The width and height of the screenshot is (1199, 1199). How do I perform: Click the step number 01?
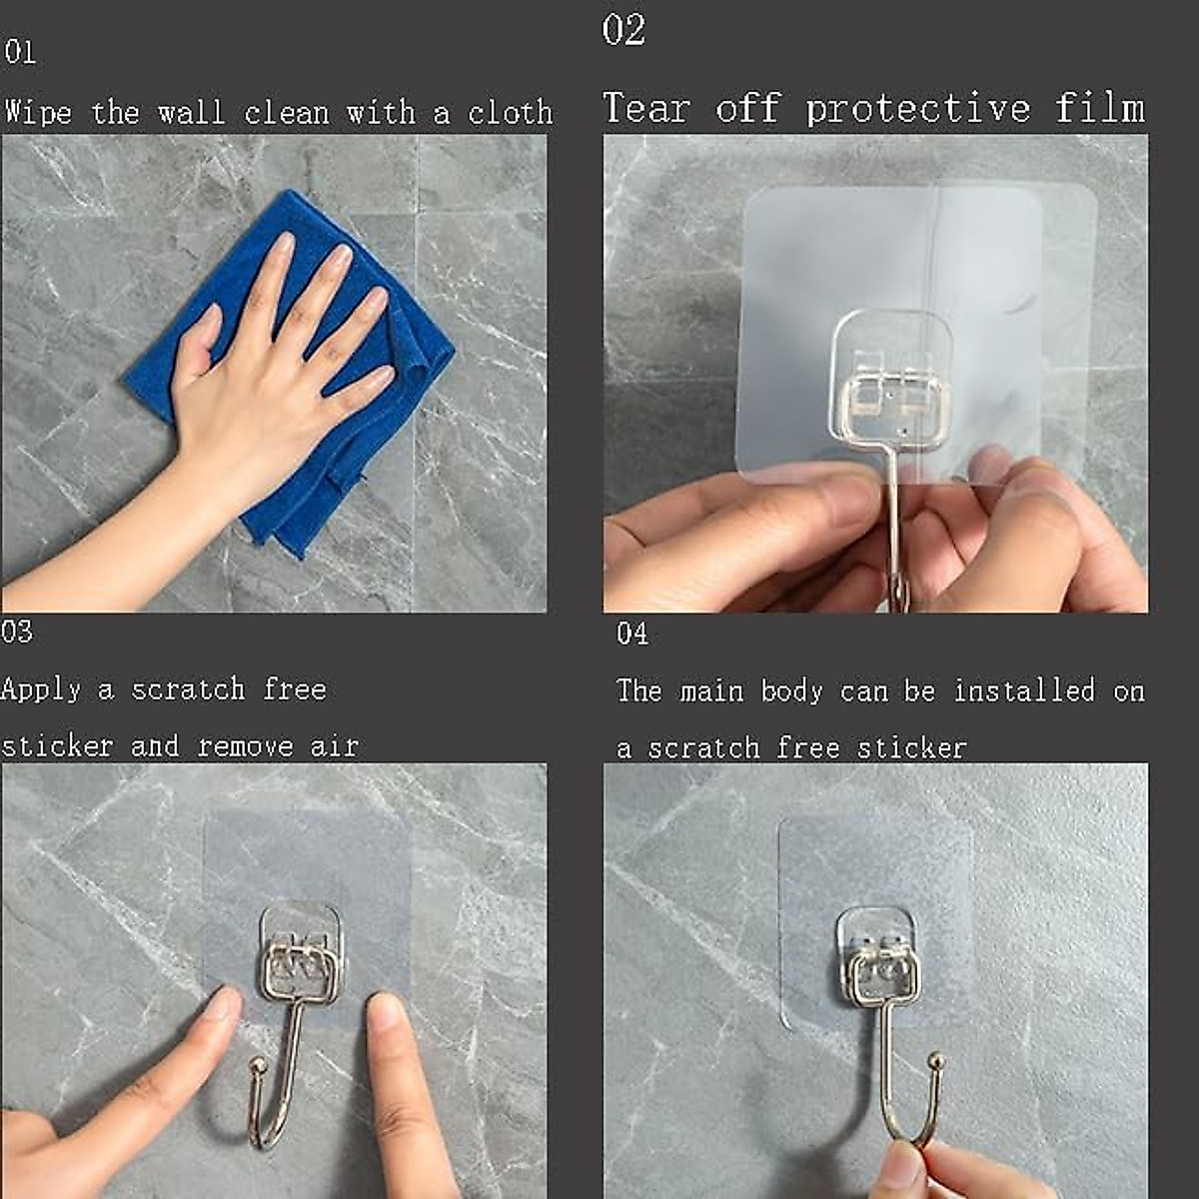(20, 52)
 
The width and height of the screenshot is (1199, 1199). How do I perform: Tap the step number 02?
(623, 30)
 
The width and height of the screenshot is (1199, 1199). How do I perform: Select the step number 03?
(17, 631)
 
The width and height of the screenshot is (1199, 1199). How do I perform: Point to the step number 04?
(631, 633)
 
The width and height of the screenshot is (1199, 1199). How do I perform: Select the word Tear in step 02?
(645, 108)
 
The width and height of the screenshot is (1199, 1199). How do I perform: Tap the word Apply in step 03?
(41, 689)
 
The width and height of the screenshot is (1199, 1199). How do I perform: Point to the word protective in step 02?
(917, 108)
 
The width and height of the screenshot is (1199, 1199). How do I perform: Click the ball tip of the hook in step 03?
(258, 1067)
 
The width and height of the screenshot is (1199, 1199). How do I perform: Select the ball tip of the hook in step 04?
(935, 1060)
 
